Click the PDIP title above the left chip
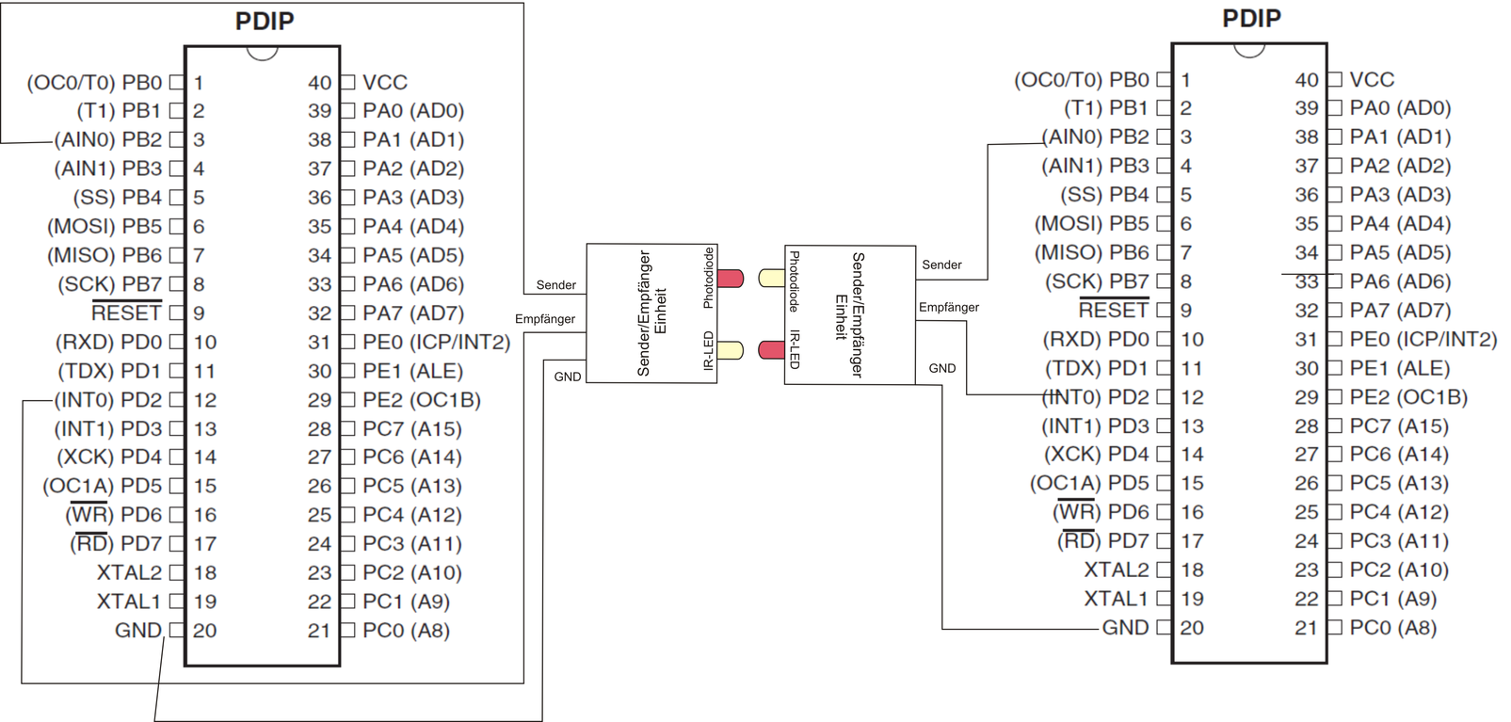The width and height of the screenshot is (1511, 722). [265, 21]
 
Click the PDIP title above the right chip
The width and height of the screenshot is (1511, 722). [1251, 18]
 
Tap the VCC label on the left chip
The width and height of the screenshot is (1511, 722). [385, 83]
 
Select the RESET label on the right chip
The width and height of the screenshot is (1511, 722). [1113, 310]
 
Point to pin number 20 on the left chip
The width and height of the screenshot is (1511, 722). [204, 631]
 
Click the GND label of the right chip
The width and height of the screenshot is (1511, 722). [1125, 628]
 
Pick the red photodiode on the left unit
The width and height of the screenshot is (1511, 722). [731, 279]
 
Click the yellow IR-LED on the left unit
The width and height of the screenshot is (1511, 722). [731, 350]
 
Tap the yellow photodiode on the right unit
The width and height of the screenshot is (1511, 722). [772, 278]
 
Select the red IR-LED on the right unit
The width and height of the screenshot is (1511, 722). [772, 350]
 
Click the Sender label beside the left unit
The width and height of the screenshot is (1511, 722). [555, 285]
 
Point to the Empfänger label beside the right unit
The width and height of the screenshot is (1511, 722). [948, 308]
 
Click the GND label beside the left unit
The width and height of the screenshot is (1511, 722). [567, 377]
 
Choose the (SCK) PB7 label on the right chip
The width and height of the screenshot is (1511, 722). [1097, 281]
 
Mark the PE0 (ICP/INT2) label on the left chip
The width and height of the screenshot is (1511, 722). [436, 343]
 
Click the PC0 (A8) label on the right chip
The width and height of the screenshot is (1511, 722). [1392, 628]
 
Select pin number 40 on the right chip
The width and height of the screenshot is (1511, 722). [1306, 80]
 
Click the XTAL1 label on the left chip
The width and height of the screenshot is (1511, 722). [129, 602]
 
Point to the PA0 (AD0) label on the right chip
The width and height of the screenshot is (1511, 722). [1400, 108]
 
